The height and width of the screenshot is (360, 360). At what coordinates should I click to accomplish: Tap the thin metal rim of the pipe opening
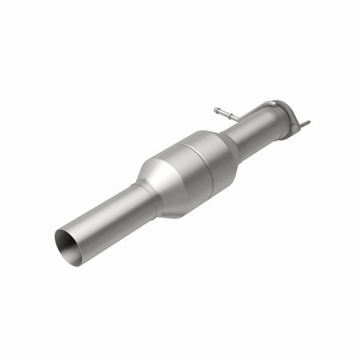point(58,234)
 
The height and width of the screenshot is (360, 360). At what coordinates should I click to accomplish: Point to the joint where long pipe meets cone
point(142,192)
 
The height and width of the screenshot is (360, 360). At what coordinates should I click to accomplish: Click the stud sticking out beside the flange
point(304,124)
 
